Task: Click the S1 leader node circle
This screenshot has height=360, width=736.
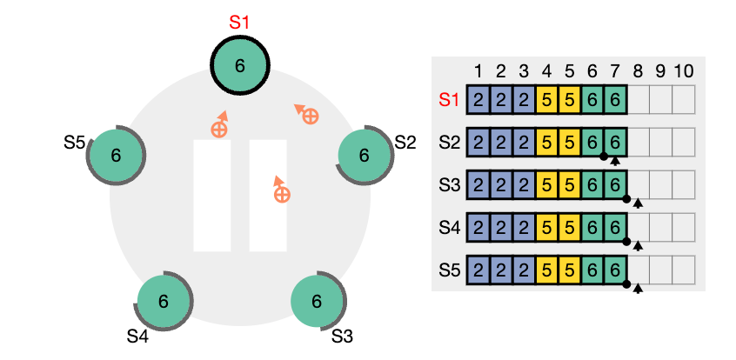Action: pyautogui.click(x=239, y=65)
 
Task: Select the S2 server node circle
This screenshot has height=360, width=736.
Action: pyautogui.click(x=365, y=156)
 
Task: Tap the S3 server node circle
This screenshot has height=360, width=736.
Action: pyautogui.click(x=317, y=301)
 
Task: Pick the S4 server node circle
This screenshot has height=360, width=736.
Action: pyautogui.click(x=163, y=301)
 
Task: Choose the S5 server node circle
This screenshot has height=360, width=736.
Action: pyautogui.click(x=116, y=156)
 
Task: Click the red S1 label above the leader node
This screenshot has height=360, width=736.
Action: pyautogui.click(x=239, y=23)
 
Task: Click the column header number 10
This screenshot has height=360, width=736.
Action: pyautogui.click(x=683, y=71)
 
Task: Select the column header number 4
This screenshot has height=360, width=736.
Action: pyautogui.click(x=546, y=71)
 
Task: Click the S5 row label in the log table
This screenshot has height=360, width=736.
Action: pyautogui.click(x=450, y=270)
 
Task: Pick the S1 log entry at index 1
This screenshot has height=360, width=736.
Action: pyautogui.click(x=478, y=99)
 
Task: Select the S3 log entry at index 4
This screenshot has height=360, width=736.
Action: pyautogui.click(x=546, y=185)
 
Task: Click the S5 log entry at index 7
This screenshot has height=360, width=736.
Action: pyautogui.click(x=615, y=270)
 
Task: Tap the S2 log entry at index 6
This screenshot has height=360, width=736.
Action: pyautogui.click(x=592, y=143)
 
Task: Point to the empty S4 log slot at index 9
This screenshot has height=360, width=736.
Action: pyautogui.click(x=660, y=228)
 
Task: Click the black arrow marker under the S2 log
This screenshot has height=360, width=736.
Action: pyautogui.click(x=615, y=162)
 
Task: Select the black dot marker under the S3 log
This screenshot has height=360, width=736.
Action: pyautogui.click(x=626, y=198)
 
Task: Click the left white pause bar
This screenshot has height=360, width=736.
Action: pyautogui.click(x=212, y=196)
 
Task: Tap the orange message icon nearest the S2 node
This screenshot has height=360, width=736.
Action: pyautogui.click(x=306, y=114)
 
